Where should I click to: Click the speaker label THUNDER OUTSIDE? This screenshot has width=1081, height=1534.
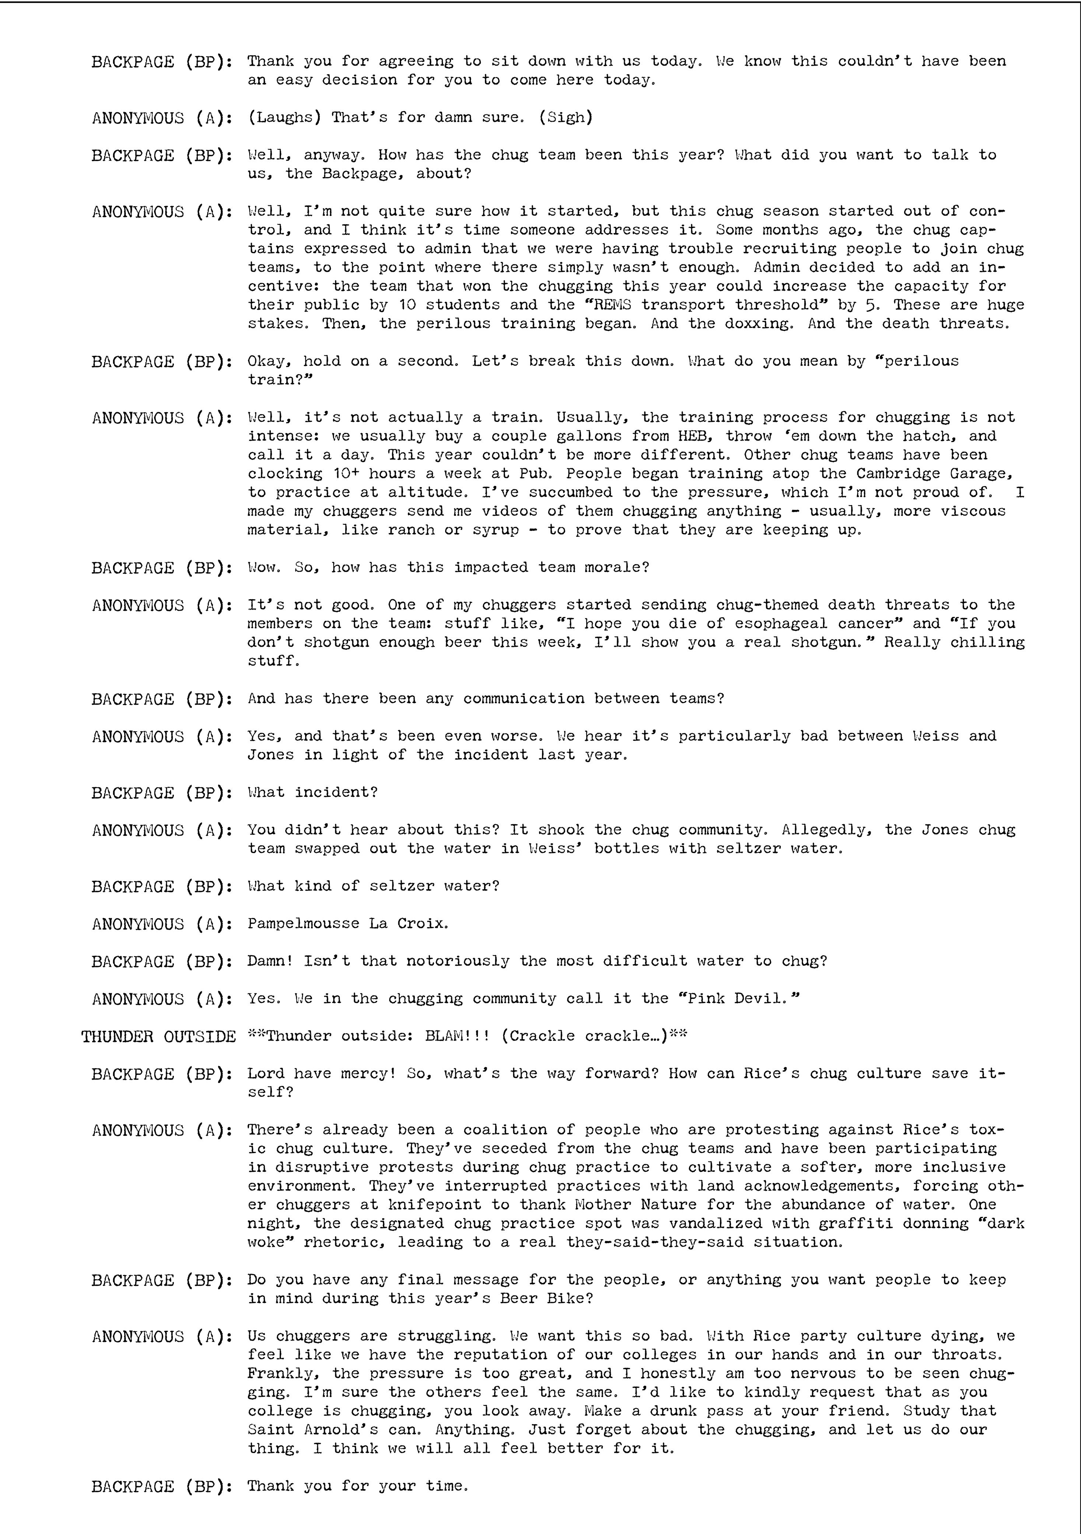coord(158,1036)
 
